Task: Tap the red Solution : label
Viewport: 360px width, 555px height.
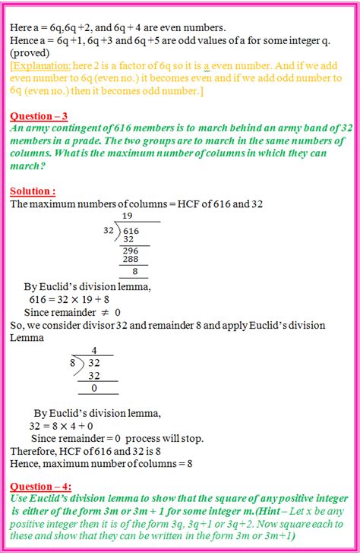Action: coord(33,191)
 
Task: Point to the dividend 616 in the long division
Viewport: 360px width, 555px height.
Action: coord(131,230)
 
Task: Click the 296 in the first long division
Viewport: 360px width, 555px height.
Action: coord(132,250)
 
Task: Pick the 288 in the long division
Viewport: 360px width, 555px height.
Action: coord(132,260)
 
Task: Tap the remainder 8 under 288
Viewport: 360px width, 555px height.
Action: coord(134,271)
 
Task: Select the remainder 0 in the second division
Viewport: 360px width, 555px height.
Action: coord(93,387)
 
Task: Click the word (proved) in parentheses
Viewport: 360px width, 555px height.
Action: coord(28,54)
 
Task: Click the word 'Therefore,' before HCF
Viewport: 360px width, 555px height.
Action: coord(34,451)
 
